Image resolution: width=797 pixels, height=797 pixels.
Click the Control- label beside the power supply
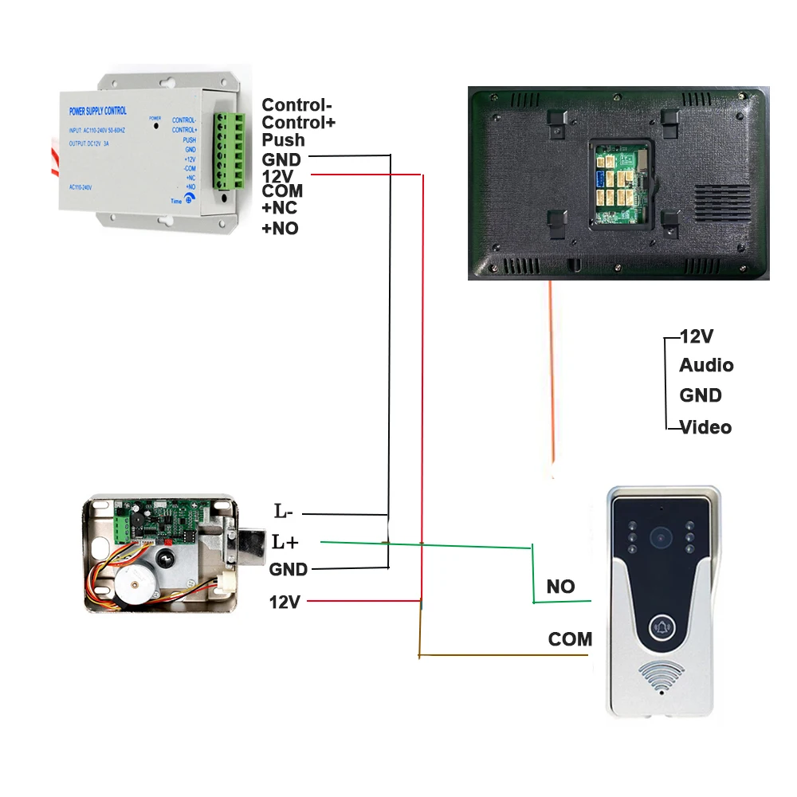tap(298, 105)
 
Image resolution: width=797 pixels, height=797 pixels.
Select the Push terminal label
tap(283, 140)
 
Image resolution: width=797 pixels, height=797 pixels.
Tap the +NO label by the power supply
tap(280, 228)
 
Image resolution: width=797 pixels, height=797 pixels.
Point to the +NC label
tap(280, 210)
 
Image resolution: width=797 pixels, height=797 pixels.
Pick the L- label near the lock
tap(284, 512)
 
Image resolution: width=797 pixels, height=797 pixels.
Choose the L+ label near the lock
tap(285, 542)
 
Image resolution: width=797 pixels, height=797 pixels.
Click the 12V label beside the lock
tap(285, 602)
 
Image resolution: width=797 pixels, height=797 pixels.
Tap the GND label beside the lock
tap(288, 570)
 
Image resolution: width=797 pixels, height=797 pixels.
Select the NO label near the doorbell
tap(560, 587)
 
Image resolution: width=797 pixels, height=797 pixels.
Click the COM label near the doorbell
tap(570, 639)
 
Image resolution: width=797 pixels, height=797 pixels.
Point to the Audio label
tap(706, 365)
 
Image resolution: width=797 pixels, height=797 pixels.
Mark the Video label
tap(705, 427)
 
